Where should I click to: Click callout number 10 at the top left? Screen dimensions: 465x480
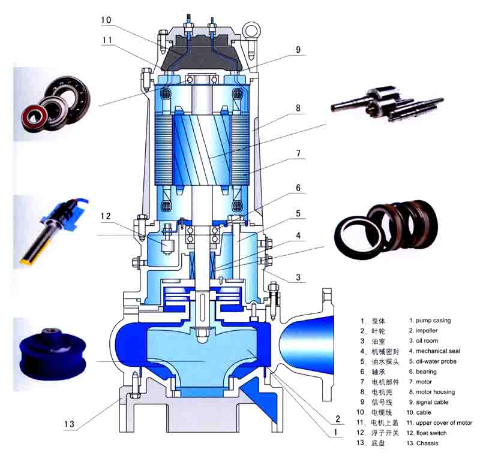tap(106, 20)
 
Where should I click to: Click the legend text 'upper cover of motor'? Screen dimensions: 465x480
tap(443, 422)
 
